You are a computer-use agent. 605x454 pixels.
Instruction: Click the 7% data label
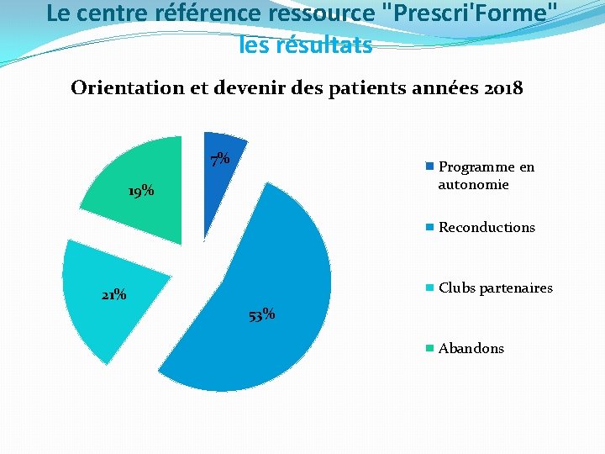[x=220, y=159]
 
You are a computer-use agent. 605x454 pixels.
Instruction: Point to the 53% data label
[x=262, y=315]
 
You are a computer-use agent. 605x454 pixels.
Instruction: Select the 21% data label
[x=113, y=295]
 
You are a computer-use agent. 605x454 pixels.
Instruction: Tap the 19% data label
[x=140, y=191]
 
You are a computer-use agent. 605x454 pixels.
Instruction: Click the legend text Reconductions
[x=487, y=227]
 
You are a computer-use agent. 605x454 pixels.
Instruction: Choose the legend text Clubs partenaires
[x=496, y=288]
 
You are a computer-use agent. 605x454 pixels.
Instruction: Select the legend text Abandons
[x=471, y=348]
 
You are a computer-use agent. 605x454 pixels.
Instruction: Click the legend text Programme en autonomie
[x=486, y=175]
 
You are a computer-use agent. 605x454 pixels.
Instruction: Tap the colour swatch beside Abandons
[x=430, y=348]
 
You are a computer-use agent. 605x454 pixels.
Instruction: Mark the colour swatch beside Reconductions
[x=430, y=227]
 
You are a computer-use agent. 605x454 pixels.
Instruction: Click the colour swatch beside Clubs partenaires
[x=430, y=288]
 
